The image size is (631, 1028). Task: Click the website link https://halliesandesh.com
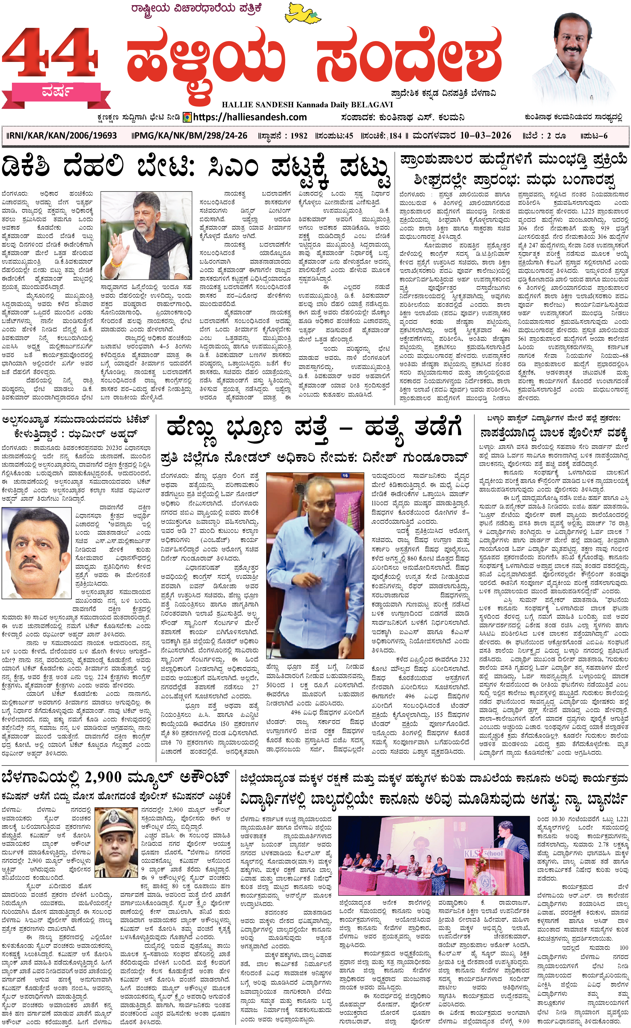[250, 117]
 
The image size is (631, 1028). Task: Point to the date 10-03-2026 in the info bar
[485, 136]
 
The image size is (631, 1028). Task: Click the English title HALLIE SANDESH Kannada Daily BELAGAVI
[307, 105]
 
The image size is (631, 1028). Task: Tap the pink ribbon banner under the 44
[56, 92]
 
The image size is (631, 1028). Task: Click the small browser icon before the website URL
[187, 117]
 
